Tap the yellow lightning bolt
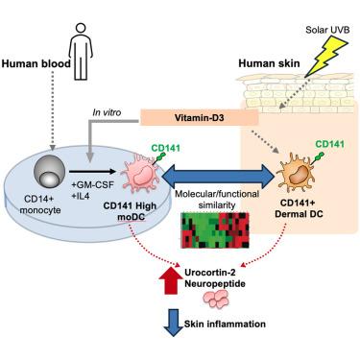tap(325, 58)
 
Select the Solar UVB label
tap(327, 30)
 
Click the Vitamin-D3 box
tap(200, 118)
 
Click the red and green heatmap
tap(215, 230)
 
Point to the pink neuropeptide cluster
tap(217, 300)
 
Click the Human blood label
tap(36, 63)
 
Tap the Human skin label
tap(269, 63)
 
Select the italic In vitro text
tap(107, 112)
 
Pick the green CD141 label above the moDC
tap(165, 148)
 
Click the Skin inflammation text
tap(225, 324)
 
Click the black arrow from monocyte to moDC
tap(92, 172)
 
